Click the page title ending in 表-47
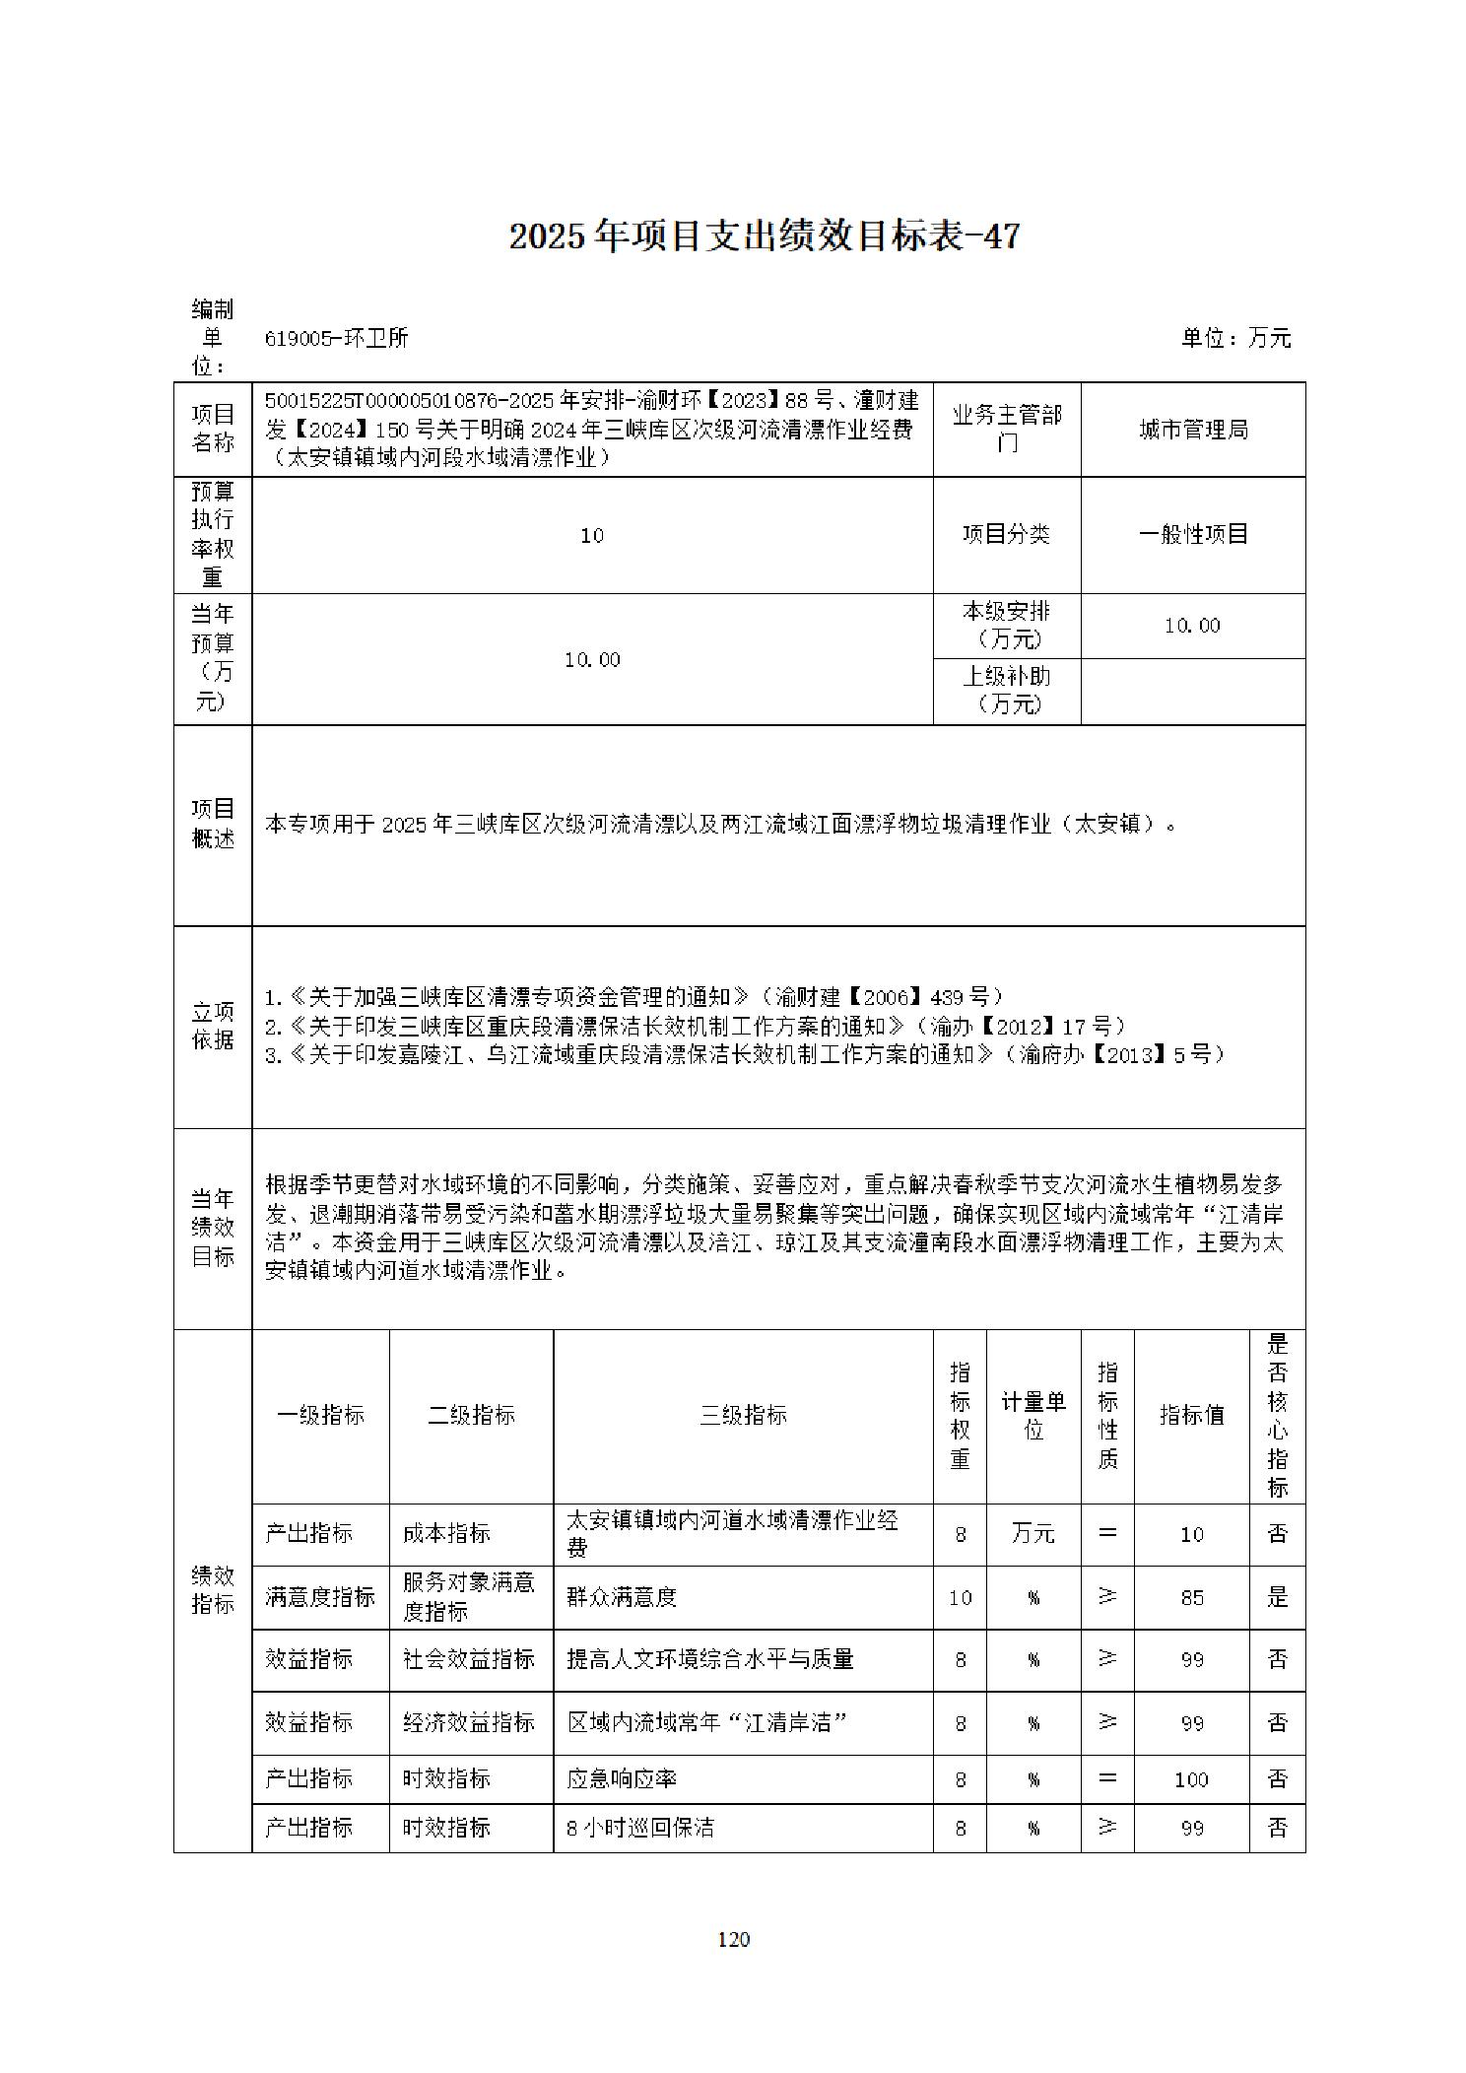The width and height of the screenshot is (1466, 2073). click(x=764, y=236)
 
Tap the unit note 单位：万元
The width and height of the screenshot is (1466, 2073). click(x=1235, y=338)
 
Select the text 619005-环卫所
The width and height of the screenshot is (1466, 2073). click(x=336, y=338)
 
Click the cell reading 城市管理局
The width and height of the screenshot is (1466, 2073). click(x=1192, y=430)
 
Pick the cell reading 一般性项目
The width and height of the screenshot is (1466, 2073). click(x=1192, y=534)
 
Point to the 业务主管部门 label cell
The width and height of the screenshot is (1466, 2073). click(x=1006, y=430)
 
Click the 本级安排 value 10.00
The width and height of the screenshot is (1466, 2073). click(x=1192, y=626)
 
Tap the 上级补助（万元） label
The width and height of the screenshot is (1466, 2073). click(x=1006, y=690)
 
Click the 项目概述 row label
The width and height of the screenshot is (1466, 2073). click(x=213, y=824)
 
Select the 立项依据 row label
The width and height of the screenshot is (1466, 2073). click(x=213, y=1026)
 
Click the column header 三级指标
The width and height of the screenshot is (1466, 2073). click(x=743, y=1415)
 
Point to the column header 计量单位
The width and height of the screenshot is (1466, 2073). click(x=1033, y=1415)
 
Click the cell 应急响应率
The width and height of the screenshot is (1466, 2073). click(x=622, y=1778)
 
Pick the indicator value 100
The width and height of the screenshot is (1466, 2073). click(x=1191, y=1779)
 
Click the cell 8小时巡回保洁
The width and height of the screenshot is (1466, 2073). click(x=639, y=1828)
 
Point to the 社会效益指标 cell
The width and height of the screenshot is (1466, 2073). click(x=469, y=1658)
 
